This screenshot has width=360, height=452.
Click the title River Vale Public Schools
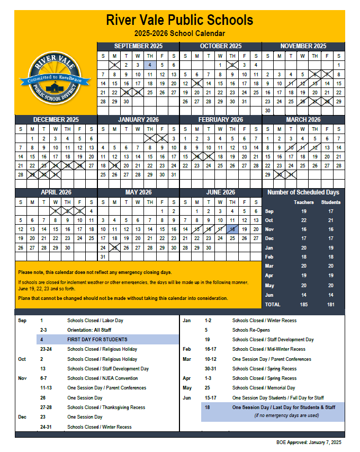179,21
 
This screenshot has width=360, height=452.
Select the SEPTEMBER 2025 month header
138,46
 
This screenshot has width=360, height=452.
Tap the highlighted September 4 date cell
150,65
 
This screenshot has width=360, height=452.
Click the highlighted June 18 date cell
232,229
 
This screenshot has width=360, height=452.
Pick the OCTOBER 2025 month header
220,46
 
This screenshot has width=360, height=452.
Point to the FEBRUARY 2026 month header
220,120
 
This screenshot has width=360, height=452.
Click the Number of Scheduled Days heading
303,192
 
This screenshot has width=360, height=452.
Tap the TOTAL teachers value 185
303,305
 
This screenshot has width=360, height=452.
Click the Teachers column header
303,202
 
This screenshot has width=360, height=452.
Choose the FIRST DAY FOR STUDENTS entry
97,340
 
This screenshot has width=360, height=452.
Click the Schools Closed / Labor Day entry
95,321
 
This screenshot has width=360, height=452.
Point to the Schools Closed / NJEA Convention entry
102,378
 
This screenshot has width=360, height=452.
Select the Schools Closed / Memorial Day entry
263,388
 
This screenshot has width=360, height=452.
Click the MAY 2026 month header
138,192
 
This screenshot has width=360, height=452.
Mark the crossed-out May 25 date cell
114,247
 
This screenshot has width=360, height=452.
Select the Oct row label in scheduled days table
269,220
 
